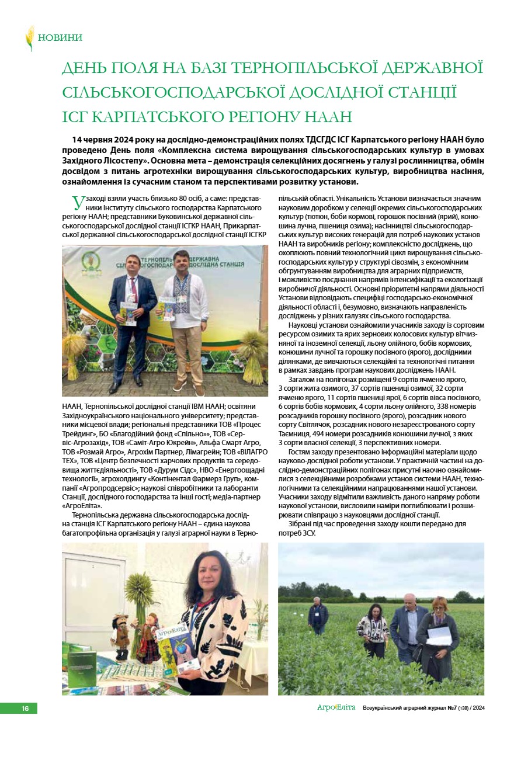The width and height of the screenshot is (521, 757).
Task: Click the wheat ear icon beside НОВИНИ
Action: pos(29,38)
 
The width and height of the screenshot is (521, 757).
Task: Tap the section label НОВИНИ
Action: pos(60,38)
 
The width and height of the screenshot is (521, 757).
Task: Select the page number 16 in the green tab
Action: pos(25,709)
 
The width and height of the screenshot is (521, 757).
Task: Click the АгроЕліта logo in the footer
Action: pos(336,708)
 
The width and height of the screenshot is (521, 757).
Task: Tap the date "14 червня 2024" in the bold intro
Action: pos(104,141)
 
